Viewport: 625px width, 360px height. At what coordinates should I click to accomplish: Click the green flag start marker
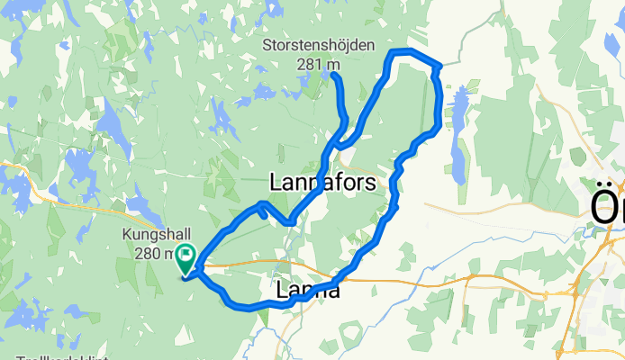186,259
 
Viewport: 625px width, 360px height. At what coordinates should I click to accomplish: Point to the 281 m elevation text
323,64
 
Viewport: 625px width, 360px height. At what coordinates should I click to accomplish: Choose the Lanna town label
308,290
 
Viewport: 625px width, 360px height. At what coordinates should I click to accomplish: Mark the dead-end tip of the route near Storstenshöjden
334,76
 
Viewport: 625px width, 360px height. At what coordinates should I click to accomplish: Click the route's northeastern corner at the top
439,66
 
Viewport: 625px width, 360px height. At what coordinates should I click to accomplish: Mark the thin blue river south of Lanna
270,338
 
